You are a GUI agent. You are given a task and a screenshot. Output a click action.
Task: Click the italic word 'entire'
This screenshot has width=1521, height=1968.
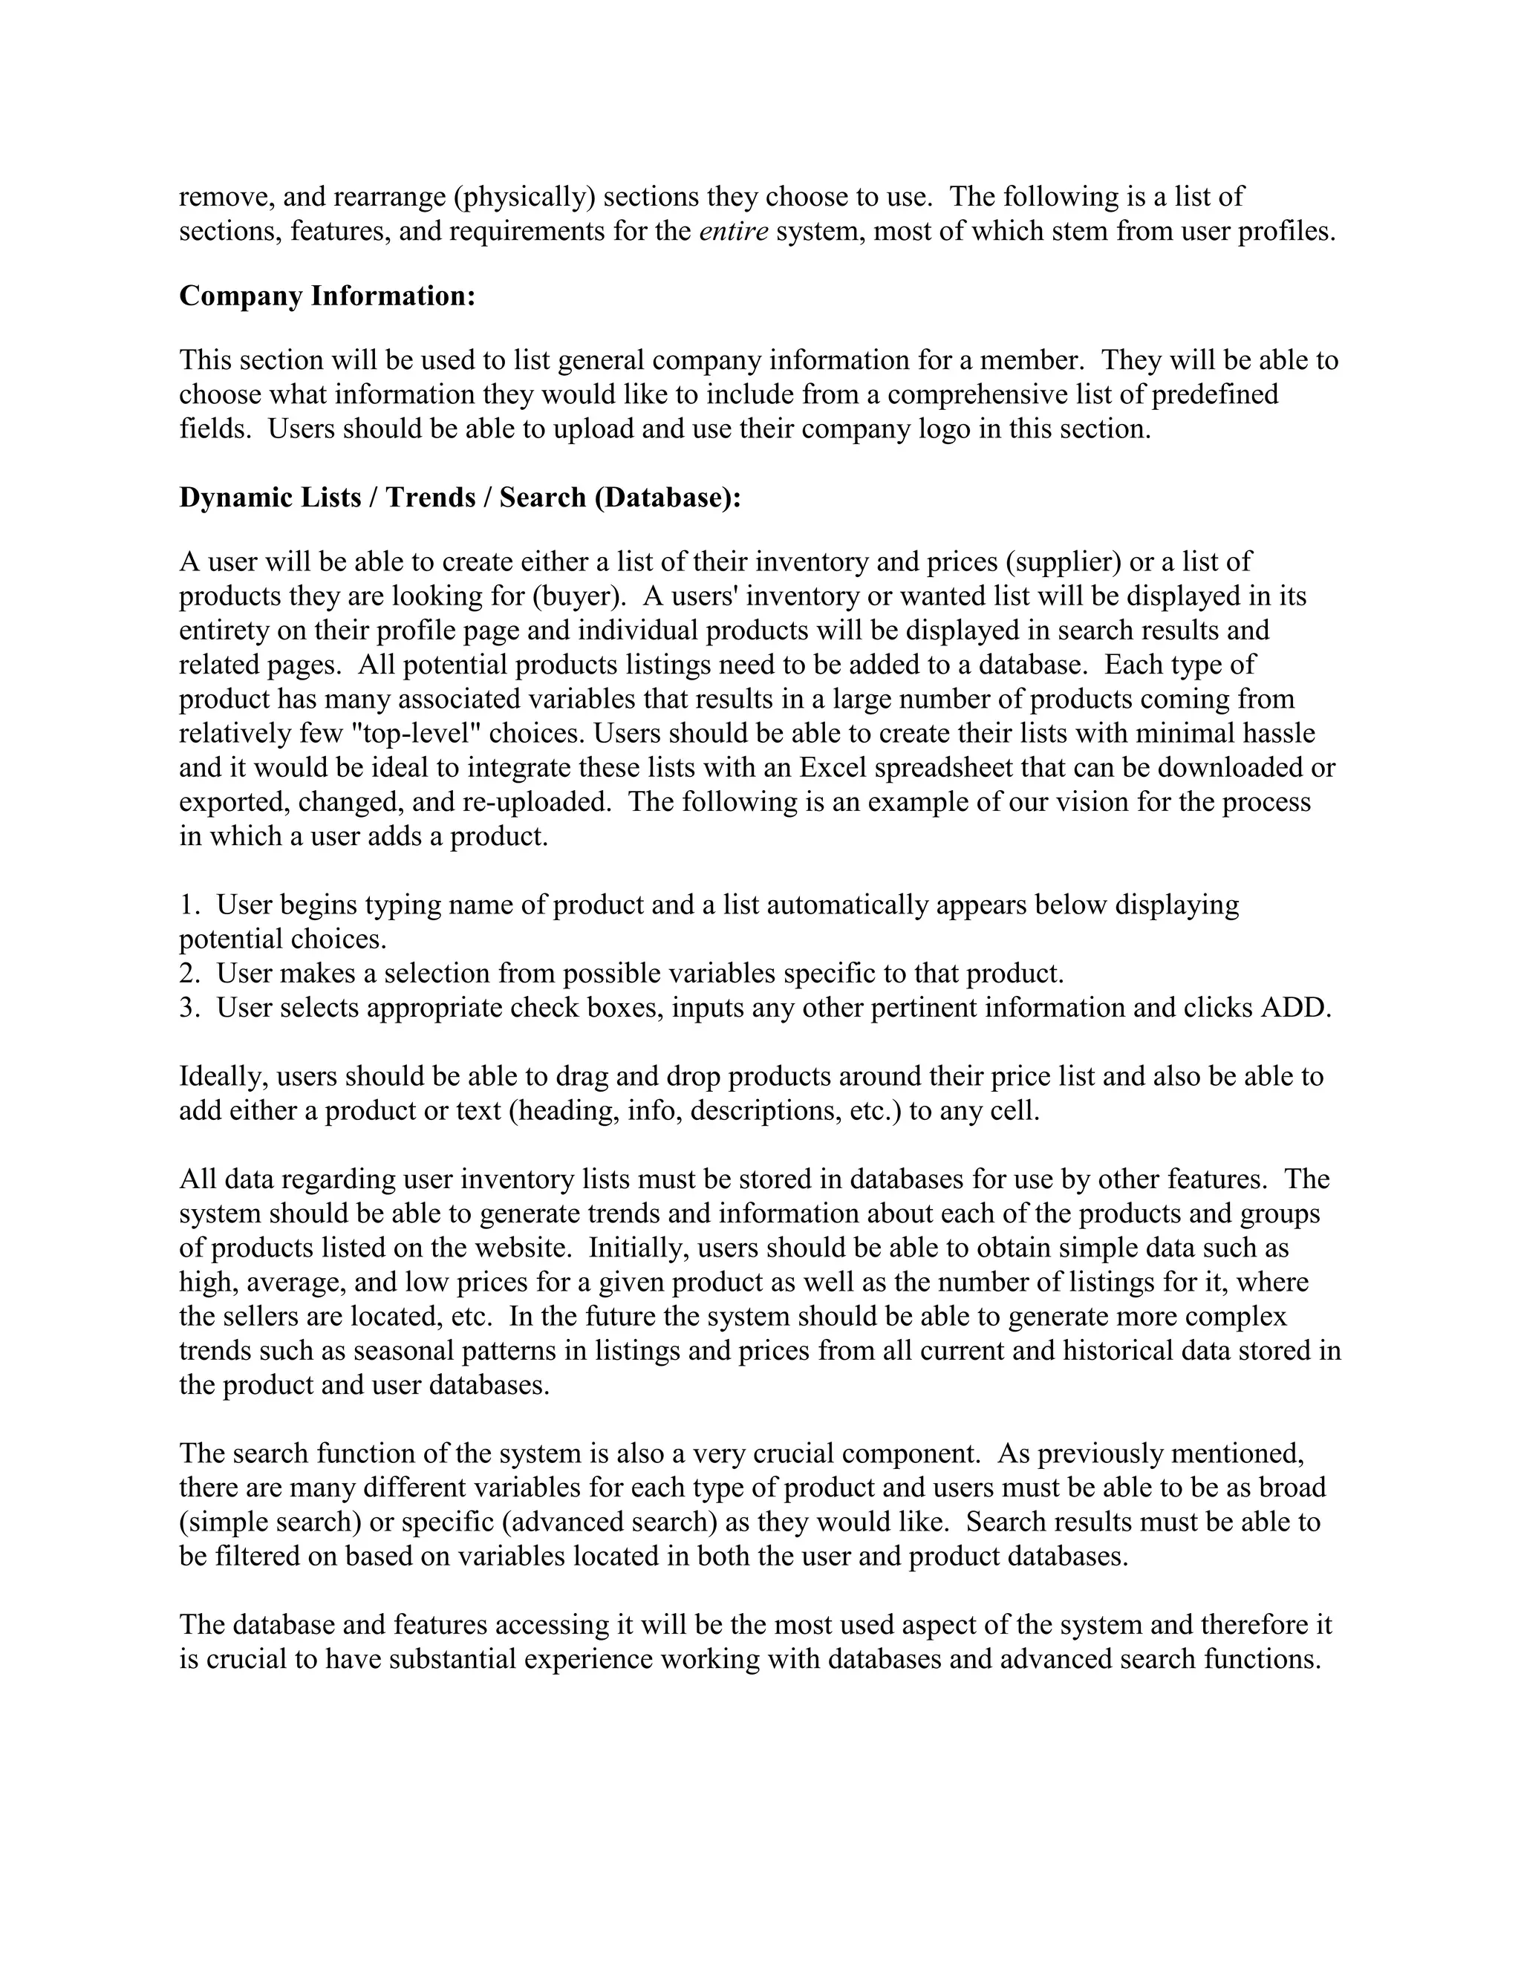click(734, 232)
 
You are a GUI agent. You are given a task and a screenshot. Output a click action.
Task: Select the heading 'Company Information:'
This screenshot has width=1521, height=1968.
click(327, 296)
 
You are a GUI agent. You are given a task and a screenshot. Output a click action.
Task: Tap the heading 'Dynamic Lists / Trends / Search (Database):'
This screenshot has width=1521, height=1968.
click(460, 498)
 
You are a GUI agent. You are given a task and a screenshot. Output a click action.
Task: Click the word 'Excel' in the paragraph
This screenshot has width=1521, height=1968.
click(833, 768)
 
